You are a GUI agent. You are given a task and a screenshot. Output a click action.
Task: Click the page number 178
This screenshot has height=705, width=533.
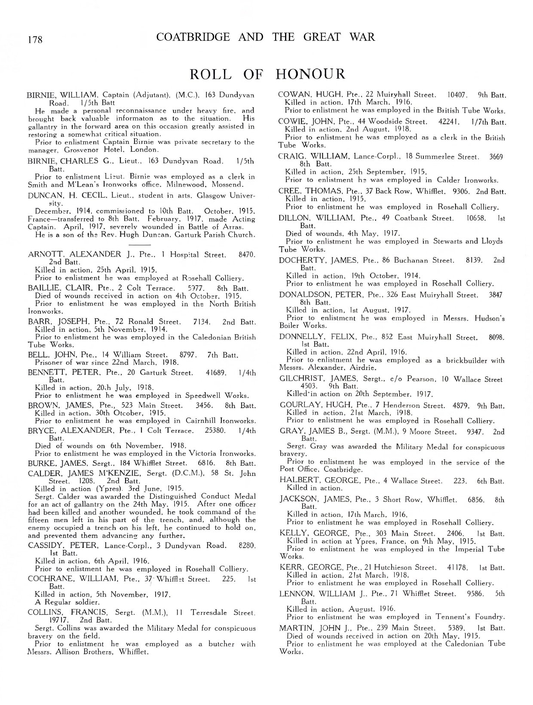[35, 40]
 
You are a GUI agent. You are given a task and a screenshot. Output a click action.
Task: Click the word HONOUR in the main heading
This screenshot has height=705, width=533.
[310, 74]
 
